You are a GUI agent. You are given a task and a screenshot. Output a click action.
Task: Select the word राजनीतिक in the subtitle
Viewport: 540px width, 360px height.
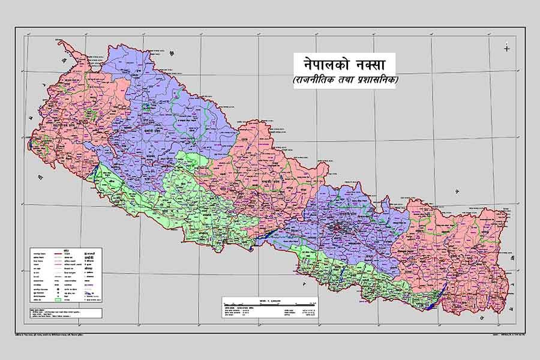point(316,80)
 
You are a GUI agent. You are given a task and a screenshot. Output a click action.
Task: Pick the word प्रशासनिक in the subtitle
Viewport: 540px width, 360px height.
point(379,80)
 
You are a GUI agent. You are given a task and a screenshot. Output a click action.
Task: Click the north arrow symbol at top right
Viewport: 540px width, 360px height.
point(507,49)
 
